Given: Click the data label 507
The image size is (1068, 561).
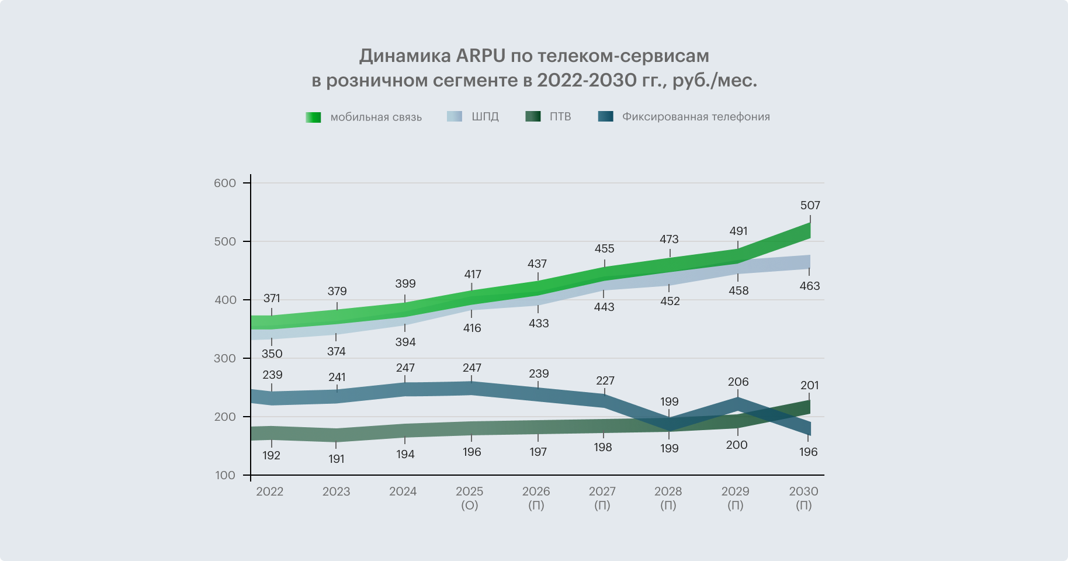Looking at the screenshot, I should tap(810, 206).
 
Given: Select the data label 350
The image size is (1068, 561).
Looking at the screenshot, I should tap(272, 354).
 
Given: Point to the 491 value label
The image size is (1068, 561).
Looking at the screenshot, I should tap(738, 231).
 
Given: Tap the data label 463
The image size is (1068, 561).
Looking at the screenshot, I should tap(810, 286).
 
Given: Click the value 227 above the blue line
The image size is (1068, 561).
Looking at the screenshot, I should tap(605, 381).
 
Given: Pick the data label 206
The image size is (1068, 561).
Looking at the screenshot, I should tap(738, 382).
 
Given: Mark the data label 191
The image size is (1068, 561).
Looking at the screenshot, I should tap(337, 459).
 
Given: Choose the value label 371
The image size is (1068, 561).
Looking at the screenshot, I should tap(272, 299).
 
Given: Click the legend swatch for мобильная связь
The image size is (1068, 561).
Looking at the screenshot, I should tap(314, 117).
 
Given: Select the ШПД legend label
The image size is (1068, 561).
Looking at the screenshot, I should tap(485, 117).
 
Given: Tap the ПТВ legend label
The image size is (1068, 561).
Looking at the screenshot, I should tap(560, 117).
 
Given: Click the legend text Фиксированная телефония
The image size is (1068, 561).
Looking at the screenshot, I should tap(695, 117).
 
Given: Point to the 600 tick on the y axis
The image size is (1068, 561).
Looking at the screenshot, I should tap(225, 183).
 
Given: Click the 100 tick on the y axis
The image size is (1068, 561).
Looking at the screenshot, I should tap(225, 476).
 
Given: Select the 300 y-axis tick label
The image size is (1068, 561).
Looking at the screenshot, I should tap(225, 359).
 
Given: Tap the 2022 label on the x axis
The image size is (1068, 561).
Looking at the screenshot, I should tap(269, 491).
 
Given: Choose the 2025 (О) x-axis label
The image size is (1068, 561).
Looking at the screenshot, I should tap(470, 498).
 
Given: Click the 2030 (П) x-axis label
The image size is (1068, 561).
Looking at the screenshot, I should tap(803, 498).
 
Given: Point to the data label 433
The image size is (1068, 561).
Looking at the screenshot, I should tap(538, 324).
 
